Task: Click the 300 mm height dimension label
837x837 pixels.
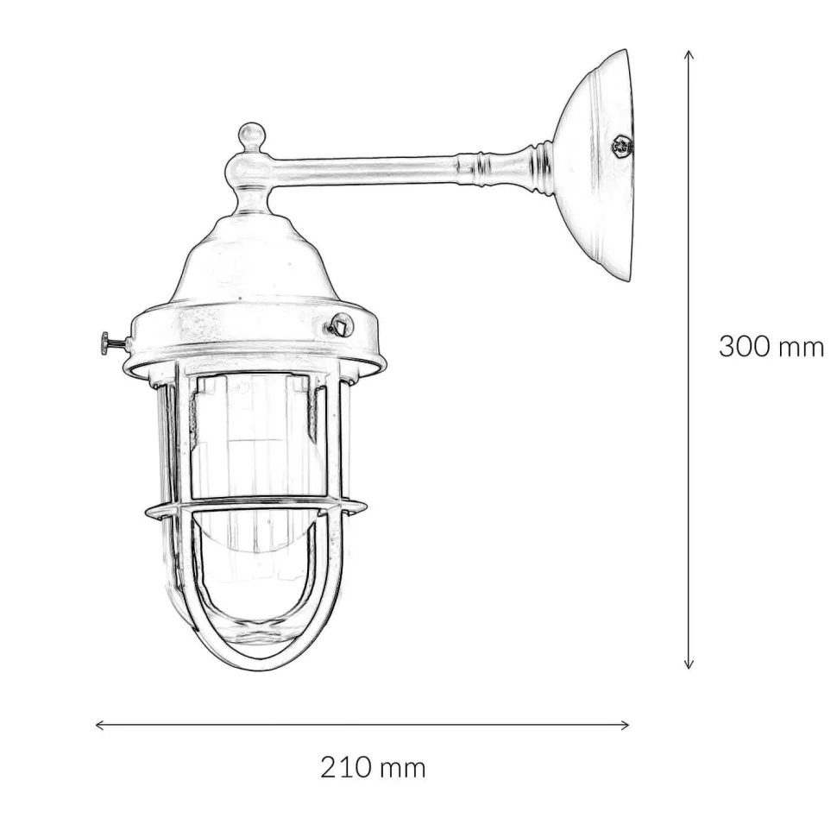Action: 771,346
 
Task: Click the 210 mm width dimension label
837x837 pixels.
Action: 373,768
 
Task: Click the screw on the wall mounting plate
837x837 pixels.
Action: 621,145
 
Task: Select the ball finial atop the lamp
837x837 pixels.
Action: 251,136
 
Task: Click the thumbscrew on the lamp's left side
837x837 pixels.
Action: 111,343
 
